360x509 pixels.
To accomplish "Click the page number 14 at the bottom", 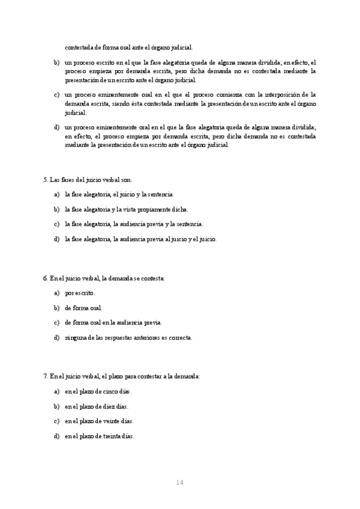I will point(179,482).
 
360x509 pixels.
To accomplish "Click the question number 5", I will point(45,179).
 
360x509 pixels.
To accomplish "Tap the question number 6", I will point(45,278).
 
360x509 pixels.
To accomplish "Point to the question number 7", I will point(45,376).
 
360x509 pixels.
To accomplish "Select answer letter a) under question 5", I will point(56,194).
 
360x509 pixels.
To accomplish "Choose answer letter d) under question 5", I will point(56,239).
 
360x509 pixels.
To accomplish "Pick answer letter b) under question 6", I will point(56,308).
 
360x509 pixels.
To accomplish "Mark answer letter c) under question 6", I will point(56,322).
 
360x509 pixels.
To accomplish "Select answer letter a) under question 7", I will point(56,391).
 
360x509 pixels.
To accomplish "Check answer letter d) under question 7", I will point(56,436).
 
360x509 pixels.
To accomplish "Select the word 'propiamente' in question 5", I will point(156,209).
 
